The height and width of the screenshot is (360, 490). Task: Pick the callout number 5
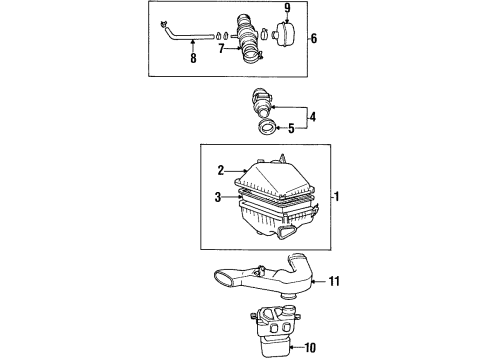coord(291,127)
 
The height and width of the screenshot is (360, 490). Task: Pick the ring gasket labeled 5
coord(268,128)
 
